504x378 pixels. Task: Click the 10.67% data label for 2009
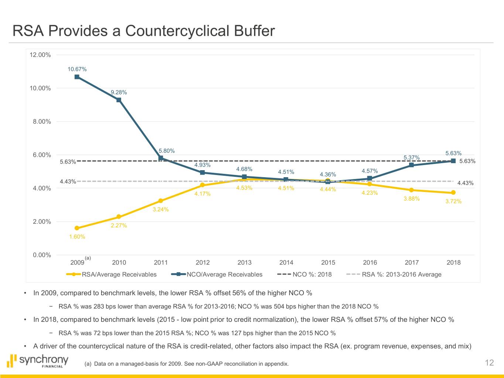[77, 69]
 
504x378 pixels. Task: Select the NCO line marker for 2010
[119, 100]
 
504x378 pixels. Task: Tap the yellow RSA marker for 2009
[77, 228]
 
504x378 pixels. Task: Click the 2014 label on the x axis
[286, 262]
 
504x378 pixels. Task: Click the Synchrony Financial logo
[38, 361]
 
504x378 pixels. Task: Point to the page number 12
[489, 363]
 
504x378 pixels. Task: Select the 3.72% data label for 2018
[453, 201]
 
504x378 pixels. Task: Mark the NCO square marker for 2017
[411, 165]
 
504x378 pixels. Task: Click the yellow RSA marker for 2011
[161, 201]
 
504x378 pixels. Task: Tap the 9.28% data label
[119, 92]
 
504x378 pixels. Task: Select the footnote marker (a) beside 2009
[88, 258]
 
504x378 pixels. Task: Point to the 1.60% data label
[77, 237]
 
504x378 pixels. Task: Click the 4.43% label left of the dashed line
[68, 181]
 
